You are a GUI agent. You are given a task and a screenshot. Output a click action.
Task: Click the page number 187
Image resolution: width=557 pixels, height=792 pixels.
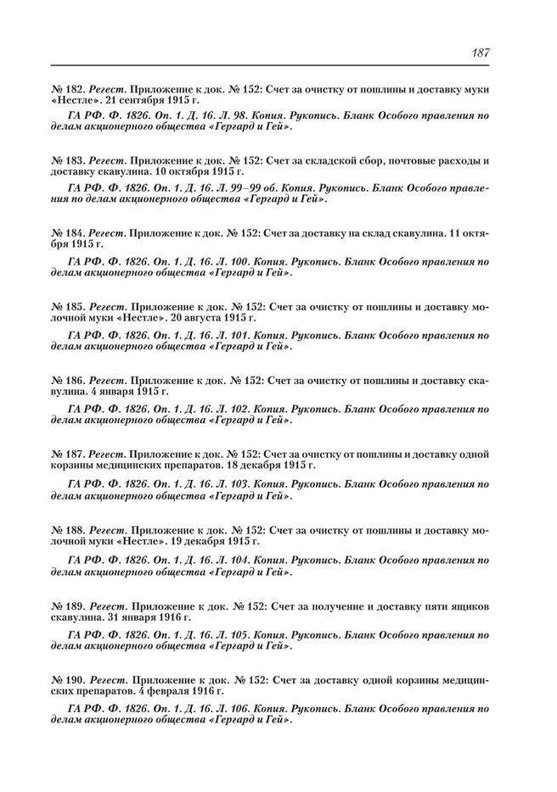(x=479, y=53)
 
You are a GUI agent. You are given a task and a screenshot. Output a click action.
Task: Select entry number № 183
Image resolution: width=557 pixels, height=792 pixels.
(x=68, y=161)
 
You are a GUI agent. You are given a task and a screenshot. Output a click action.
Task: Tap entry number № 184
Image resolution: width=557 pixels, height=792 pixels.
(x=68, y=232)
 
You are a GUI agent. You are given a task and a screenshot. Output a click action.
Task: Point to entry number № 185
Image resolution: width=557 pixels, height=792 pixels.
(x=68, y=304)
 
